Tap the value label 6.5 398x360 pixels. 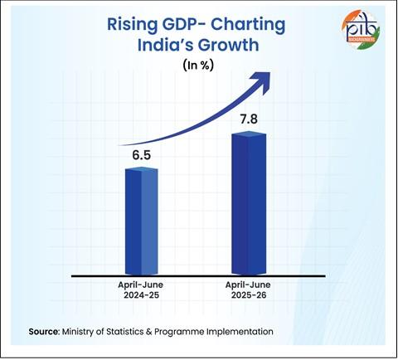(x=141, y=154)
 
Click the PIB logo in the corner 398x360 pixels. (x=360, y=30)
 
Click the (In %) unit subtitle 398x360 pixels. (x=198, y=66)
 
